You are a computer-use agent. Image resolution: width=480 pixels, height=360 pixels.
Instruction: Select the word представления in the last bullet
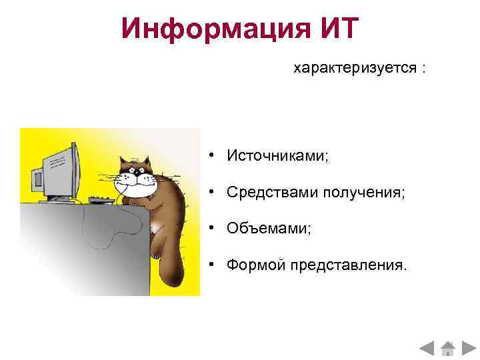(x=347, y=266)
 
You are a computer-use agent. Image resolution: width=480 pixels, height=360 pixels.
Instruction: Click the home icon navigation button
(x=449, y=348)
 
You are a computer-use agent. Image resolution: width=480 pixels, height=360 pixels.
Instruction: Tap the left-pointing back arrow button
(x=427, y=348)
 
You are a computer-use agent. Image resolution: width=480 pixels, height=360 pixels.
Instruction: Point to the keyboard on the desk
(x=99, y=199)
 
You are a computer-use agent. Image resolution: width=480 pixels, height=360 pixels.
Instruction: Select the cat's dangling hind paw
(x=156, y=251)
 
